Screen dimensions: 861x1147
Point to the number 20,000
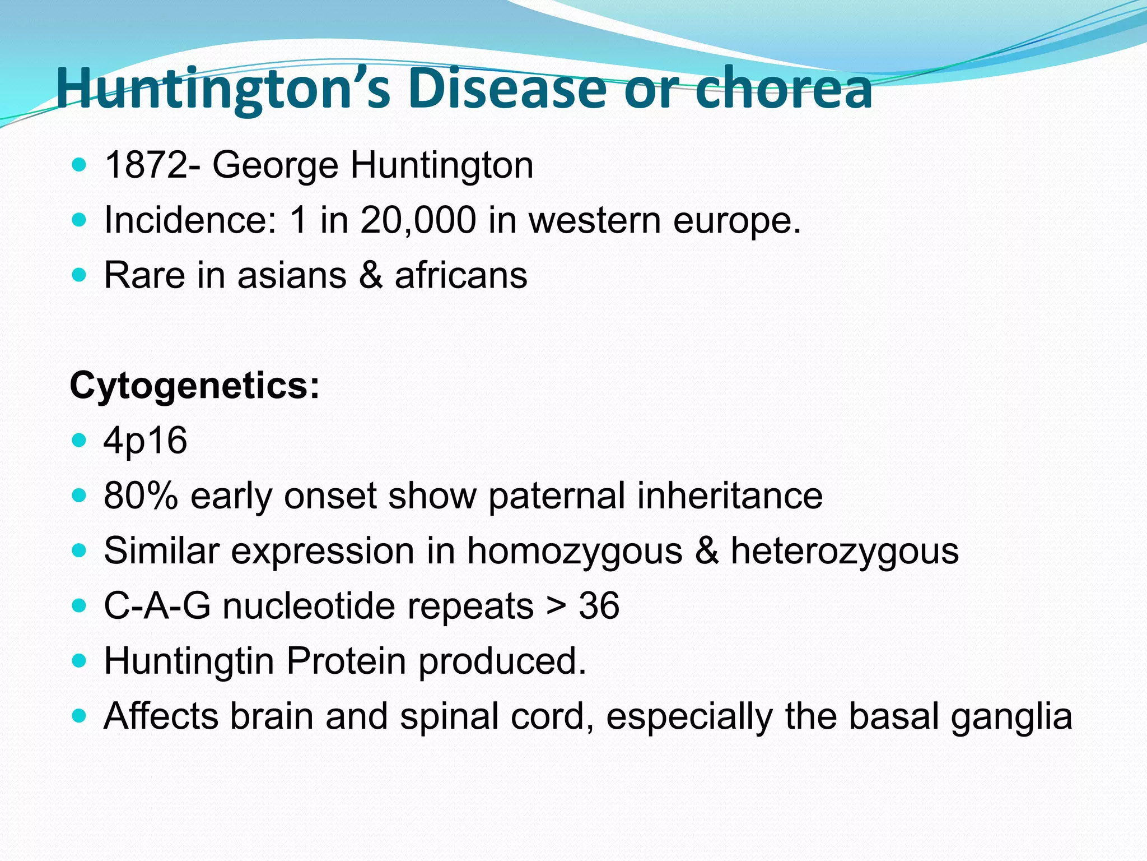pyautogui.click(x=418, y=220)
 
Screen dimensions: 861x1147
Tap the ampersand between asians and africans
pyautogui.click(x=371, y=275)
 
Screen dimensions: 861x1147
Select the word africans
pyautogui.click(x=461, y=275)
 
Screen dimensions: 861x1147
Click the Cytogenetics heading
pyautogui.click(x=194, y=386)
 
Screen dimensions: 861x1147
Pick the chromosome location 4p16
pyautogui.click(x=145, y=441)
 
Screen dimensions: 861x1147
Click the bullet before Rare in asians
pyautogui.click(x=80, y=275)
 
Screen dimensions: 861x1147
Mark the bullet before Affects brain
pyautogui.click(x=80, y=716)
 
